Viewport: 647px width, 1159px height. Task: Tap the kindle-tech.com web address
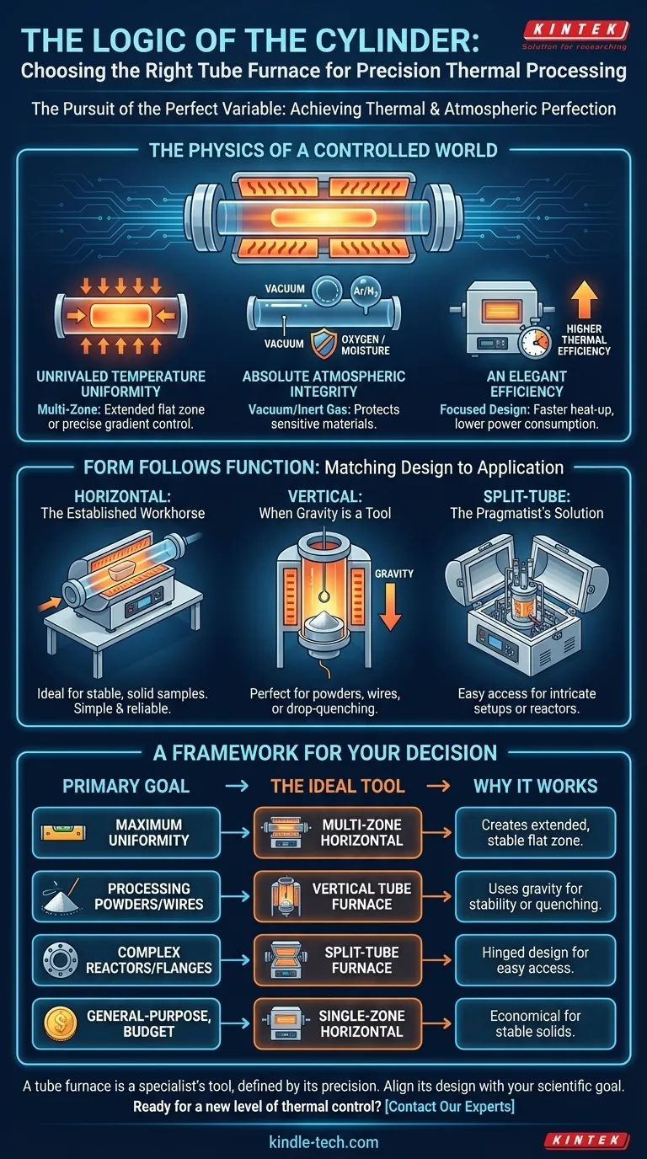click(x=323, y=1142)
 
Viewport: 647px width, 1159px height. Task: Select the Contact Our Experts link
click(x=450, y=1106)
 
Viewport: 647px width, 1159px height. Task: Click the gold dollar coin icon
click(x=61, y=1023)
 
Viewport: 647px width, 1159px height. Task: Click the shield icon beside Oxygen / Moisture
click(x=323, y=343)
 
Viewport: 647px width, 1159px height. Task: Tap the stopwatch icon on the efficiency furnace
click(x=535, y=341)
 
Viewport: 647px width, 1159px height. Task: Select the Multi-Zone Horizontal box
click(x=338, y=832)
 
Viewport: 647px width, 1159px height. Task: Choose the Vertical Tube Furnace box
click(x=338, y=896)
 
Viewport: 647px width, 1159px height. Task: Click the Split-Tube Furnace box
click(x=338, y=960)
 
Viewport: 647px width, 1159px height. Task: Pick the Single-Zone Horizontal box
click(x=338, y=1023)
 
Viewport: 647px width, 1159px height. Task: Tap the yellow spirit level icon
click(x=62, y=832)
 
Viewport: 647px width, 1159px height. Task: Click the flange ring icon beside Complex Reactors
click(x=61, y=959)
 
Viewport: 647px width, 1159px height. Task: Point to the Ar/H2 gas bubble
click(x=366, y=291)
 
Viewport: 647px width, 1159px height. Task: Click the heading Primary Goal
click(x=126, y=786)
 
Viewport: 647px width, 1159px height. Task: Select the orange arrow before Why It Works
click(x=438, y=786)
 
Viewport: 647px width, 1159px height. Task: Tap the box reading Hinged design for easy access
click(x=535, y=960)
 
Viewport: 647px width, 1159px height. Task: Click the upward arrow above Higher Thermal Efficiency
click(x=584, y=299)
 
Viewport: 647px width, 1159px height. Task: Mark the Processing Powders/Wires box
click(x=126, y=896)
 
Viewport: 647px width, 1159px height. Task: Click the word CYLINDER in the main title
click(x=384, y=40)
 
